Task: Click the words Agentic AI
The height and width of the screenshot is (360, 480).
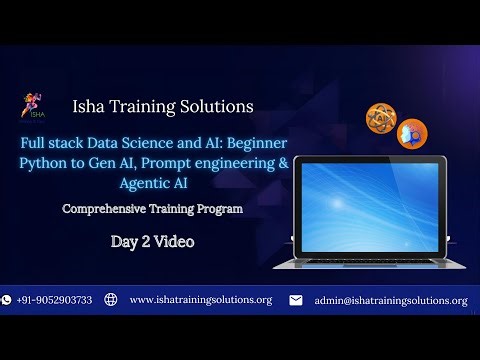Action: tap(152, 183)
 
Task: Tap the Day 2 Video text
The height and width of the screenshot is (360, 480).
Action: tap(152, 241)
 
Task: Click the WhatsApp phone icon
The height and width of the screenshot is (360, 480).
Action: tap(7, 299)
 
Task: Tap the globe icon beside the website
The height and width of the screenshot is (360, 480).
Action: tap(111, 299)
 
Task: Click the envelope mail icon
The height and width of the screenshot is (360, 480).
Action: tap(295, 299)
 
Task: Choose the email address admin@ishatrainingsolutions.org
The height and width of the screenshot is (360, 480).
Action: tap(390, 300)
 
